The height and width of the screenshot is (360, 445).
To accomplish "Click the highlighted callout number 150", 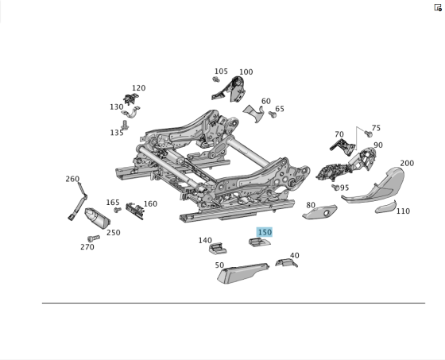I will coord(264,232).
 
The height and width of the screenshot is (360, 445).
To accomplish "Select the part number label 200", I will coord(406,164).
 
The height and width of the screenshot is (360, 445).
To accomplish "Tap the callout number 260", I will coord(72,179).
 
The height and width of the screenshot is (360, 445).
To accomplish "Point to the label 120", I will coord(138,88).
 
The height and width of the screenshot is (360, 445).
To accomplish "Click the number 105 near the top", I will coord(220,72).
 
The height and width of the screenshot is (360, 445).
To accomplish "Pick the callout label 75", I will coord(376,128).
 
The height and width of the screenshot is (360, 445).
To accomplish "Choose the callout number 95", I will coord(344,188).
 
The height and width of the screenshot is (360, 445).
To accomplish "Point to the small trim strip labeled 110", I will coord(385,207).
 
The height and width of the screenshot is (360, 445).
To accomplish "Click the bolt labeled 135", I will coord(125,125).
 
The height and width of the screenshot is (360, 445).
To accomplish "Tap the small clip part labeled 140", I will coord(217,249).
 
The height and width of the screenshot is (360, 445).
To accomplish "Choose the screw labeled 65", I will coord(273,115).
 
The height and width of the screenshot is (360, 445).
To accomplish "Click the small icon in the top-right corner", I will coord(437,7).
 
